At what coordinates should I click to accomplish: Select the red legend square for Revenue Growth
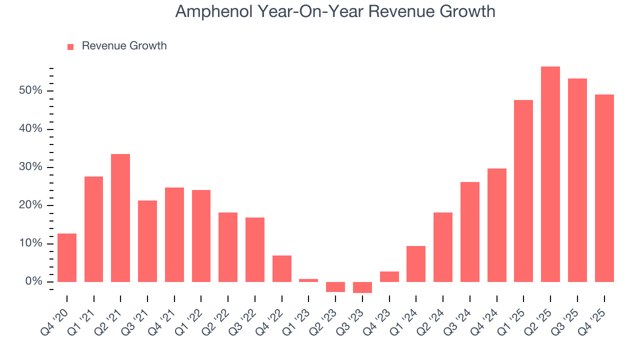pos(70,46)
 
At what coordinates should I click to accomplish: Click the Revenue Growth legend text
pos(124,46)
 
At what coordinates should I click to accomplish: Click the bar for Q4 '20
pos(67,257)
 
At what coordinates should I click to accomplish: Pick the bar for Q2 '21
pos(120,218)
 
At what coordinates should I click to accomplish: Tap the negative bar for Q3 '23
pos(362,287)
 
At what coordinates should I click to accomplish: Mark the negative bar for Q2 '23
pos(335,287)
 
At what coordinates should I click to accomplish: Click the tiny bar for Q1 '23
pos(308,280)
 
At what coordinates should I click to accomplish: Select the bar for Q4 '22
pos(282,268)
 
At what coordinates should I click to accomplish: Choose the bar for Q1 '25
pos(523,191)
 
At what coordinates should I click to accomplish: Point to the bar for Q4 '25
pos(604,188)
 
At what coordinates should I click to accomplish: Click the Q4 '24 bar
pos(497,225)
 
